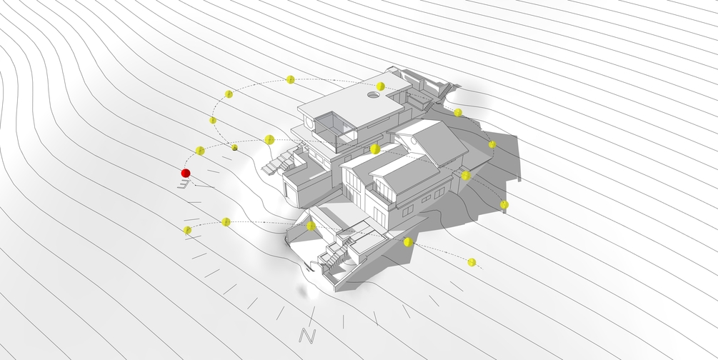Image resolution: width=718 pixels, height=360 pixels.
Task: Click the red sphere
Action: [x=186, y=173]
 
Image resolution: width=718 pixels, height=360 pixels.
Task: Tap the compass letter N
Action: [x=307, y=336]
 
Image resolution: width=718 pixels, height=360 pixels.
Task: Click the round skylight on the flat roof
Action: [x=373, y=95]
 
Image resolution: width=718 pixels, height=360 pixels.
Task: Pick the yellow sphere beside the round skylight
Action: [x=380, y=86]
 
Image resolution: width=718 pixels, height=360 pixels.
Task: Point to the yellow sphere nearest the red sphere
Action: [x=199, y=150]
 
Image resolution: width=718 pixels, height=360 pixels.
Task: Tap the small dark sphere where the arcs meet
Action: [x=235, y=147]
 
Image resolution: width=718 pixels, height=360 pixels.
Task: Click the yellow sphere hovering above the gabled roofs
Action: [x=375, y=149]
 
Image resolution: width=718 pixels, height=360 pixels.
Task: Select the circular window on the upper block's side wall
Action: [x=308, y=123]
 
